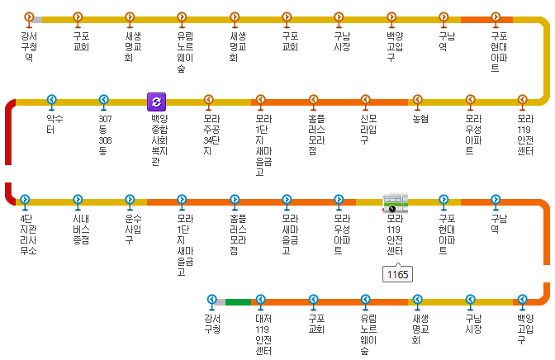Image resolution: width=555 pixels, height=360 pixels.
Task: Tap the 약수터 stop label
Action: [x=51, y=124]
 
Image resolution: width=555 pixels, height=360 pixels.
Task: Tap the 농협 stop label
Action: [x=418, y=119]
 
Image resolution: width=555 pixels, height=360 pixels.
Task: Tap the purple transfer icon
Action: [x=156, y=102]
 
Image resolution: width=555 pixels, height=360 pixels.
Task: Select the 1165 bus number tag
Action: [x=397, y=274]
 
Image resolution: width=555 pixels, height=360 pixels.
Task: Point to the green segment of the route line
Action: [x=238, y=301]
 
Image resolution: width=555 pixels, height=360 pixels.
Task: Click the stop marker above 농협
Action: [x=418, y=101]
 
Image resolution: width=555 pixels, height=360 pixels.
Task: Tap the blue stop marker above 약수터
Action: [x=51, y=101]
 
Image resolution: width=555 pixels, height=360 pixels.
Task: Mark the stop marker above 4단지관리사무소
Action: [x=26, y=200]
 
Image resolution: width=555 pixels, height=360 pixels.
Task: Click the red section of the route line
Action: [x=9, y=149]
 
